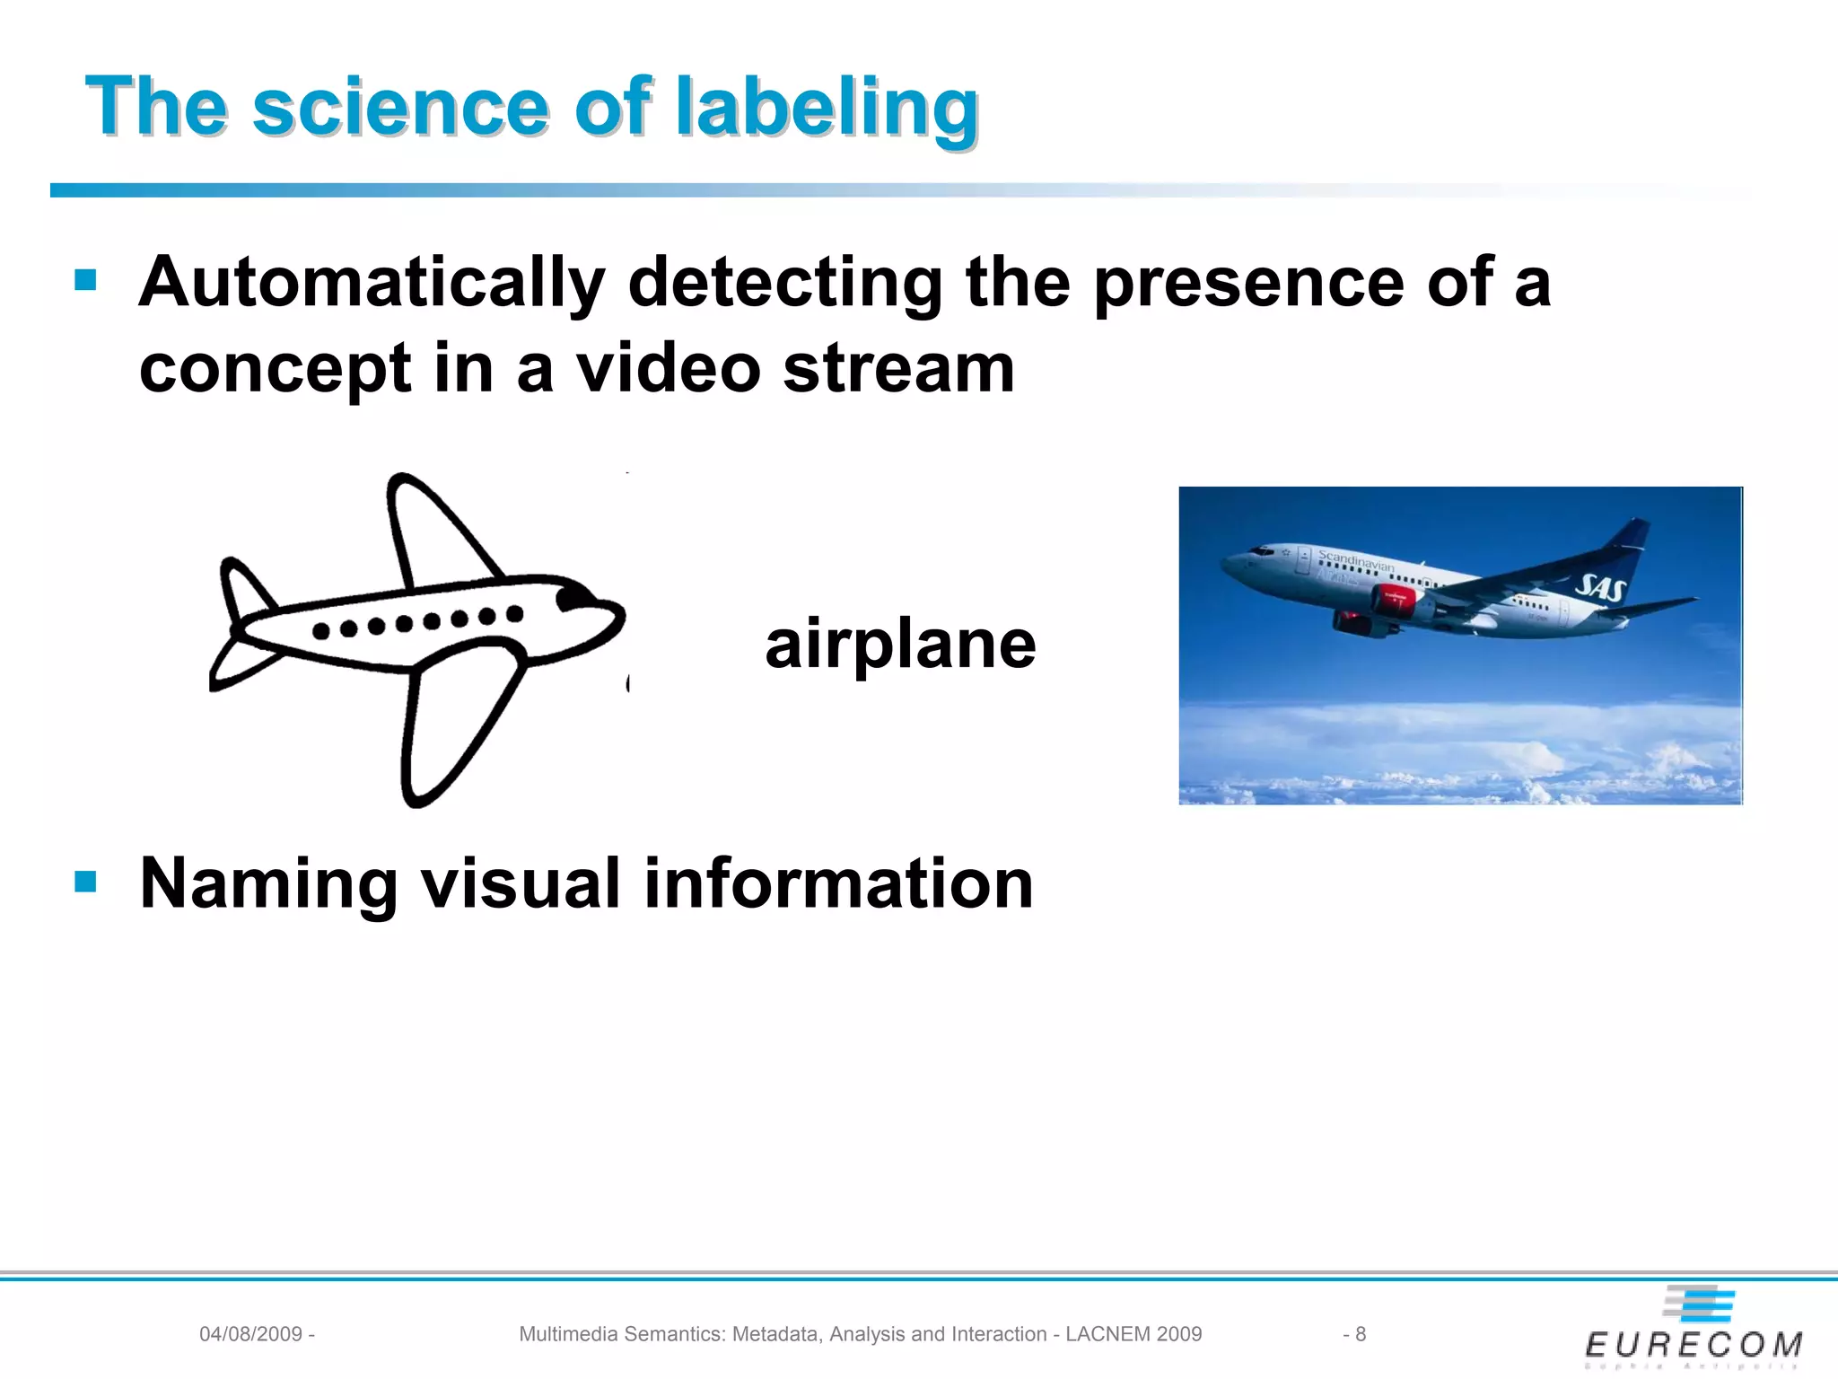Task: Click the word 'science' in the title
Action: click(x=399, y=108)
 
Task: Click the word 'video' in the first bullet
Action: click(x=668, y=368)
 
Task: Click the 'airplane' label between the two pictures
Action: click(x=900, y=645)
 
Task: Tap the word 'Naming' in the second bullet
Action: click(x=268, y=883)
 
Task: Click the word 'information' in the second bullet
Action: click(x=838, y=883)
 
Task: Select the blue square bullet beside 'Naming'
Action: click(x=85, y=882)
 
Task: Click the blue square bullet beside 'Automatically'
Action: click(x=85, y=281)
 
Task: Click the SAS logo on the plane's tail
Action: click(x=1601, y=589)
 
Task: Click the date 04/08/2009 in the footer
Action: click(x=250, y=1334)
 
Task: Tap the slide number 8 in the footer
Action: click(x=1360, y=1334)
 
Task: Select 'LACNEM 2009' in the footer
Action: click(x=1133, y=1334)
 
